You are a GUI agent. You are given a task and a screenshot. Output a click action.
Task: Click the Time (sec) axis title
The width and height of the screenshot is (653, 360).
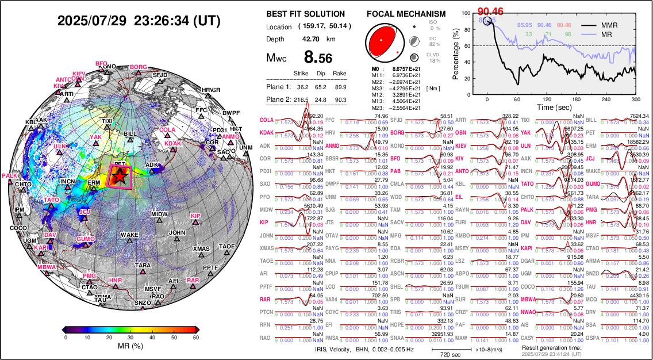click(554, 106)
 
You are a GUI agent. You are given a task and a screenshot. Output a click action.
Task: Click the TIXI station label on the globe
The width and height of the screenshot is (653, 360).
click(107, 121)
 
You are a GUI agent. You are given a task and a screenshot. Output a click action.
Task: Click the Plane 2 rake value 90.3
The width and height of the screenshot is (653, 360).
click(340, 99)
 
